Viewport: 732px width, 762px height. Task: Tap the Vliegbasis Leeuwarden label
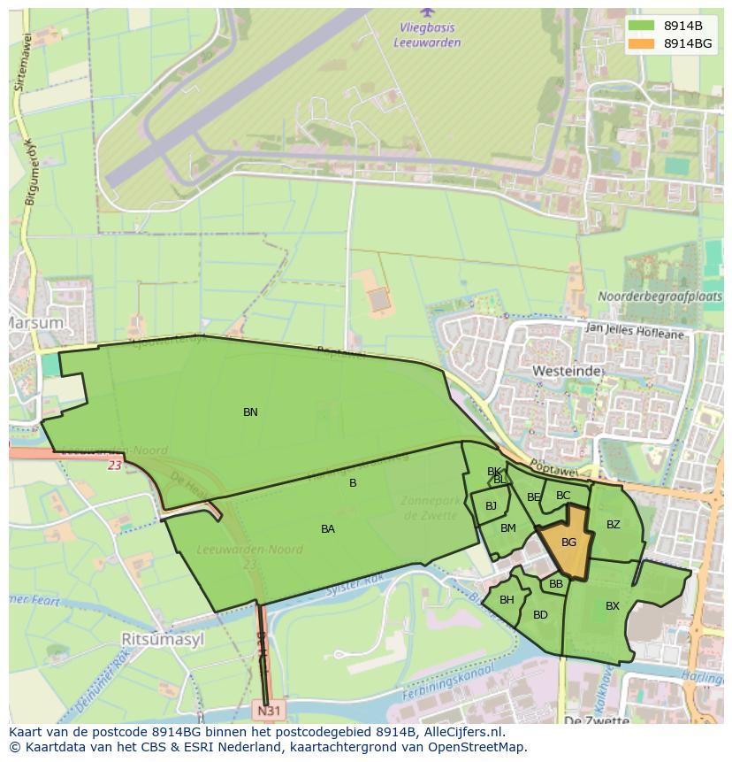tap(428, 33)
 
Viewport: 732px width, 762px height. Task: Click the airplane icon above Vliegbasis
tap(428, 12)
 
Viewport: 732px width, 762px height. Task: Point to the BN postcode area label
tap(250, 412)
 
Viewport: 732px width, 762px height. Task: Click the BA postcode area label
tap(328, 529)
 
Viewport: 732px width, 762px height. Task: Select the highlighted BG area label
tap(568, 543)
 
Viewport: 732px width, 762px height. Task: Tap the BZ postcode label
tap(614, 525)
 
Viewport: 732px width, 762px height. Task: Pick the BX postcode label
tap(613, 606)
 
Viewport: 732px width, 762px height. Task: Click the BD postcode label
tap(540, 615)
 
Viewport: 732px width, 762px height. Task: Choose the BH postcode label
tap(507, 600)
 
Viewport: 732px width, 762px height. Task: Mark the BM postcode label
tap(507, 528)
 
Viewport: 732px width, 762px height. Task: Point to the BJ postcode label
tap(491, 506)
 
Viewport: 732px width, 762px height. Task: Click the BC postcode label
tap(563, 496)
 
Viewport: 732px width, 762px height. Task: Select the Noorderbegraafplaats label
tap(660, 296)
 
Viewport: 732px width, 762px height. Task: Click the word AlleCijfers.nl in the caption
tap(462, 732)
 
